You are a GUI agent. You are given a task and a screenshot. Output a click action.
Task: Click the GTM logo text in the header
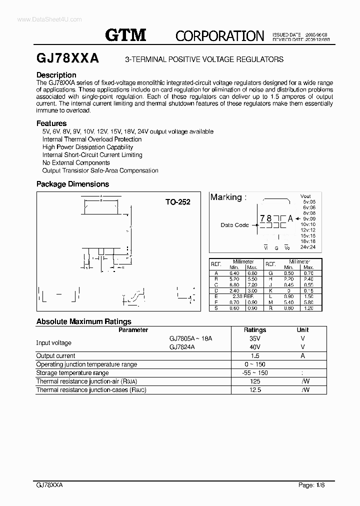[125, 35]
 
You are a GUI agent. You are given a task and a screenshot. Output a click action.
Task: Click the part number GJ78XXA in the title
[67, 58]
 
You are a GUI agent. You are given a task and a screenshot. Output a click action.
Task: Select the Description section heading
[56, 75]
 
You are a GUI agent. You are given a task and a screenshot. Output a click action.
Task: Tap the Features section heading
[51, 123]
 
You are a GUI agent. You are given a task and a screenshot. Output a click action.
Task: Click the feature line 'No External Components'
[76, 162]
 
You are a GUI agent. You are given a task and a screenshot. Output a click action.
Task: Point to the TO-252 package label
[178, 202]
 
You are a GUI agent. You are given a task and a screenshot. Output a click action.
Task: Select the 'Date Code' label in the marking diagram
[234, 225]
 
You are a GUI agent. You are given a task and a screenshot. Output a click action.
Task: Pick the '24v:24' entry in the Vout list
[308, 247]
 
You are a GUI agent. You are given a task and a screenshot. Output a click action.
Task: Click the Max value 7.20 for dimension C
[251, 285]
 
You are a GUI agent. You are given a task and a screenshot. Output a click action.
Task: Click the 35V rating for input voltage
[254, 338]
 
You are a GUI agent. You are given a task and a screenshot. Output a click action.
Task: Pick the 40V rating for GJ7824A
[254, 347]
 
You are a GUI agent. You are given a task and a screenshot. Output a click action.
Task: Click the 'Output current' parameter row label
[55, 355]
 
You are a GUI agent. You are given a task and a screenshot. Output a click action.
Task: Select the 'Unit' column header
[302, 330]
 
